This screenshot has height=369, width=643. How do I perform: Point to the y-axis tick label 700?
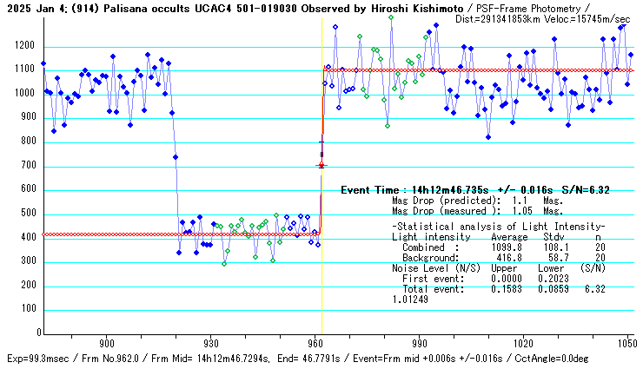tap(28, 165)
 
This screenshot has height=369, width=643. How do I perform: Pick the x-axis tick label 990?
tap(418, 344)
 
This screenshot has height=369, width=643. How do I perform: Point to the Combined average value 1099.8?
tap(507, 247)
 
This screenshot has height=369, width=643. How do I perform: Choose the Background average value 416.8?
tap(507, 258)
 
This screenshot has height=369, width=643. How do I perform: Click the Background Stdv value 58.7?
tap(550, 258)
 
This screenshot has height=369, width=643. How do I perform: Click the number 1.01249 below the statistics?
tap(412, 300)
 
